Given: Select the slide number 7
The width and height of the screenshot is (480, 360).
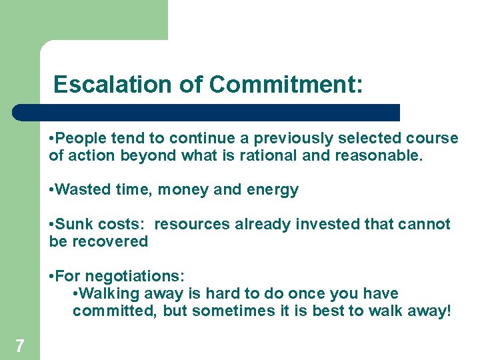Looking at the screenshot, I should [x=20, y=345].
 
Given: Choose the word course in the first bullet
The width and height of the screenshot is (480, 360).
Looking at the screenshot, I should [x=435, y=139].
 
